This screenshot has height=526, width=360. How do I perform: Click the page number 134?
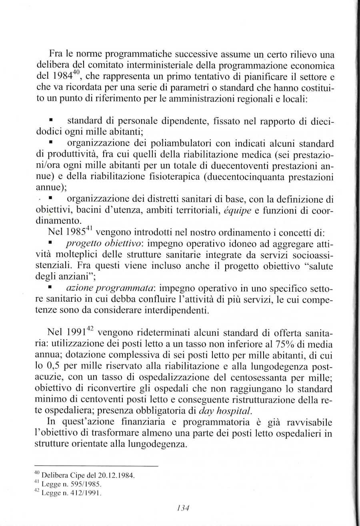coord(183,508)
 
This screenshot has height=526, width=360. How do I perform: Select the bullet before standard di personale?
coord(51,120)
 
